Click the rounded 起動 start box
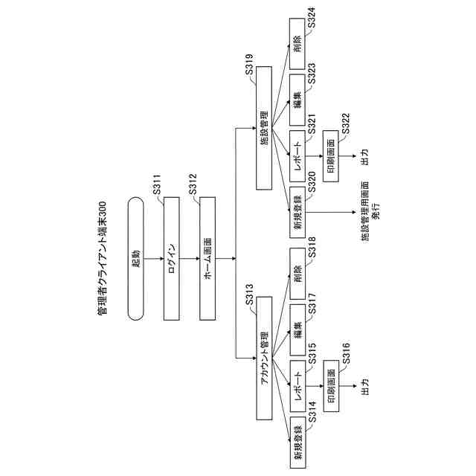pos(136,258)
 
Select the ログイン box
pos(172,258)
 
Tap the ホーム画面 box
pos(208,258)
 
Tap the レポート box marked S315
pos(297,387)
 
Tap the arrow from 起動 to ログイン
pos(154,258)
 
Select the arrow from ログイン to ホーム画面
pos(190,258)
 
